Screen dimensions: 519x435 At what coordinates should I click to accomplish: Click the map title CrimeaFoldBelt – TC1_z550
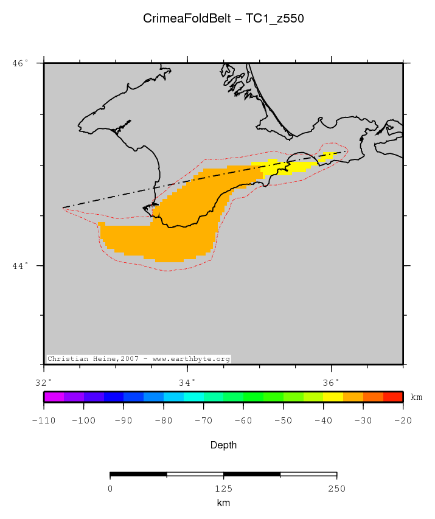[223, 19]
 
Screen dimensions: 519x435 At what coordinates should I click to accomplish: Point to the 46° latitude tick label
[20, 63]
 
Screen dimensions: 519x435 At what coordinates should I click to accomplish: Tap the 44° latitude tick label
[20, 266]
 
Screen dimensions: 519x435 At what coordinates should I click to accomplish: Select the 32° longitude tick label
[44, 383]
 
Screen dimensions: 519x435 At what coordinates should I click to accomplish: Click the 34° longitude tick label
[187, 383]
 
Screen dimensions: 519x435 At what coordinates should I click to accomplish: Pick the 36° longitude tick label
[331, 383]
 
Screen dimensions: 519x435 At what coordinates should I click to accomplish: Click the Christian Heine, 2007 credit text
[139, 359]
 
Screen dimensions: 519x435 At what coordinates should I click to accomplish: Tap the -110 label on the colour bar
[44, 420]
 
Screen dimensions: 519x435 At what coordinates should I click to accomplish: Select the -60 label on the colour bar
[243, 420]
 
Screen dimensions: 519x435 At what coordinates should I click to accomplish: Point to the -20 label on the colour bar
[402, 420]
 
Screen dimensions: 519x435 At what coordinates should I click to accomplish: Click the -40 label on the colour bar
[322, 420]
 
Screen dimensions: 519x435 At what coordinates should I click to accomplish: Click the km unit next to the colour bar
[417, 397]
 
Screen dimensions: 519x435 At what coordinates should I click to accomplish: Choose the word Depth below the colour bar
[223, 445]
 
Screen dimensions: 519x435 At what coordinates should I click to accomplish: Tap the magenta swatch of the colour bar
[54, 397]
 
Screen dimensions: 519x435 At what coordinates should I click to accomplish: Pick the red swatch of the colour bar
[393, 397]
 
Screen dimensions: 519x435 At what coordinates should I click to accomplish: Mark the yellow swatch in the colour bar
[333, 397]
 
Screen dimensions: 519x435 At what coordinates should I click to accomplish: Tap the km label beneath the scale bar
[223, 503]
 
